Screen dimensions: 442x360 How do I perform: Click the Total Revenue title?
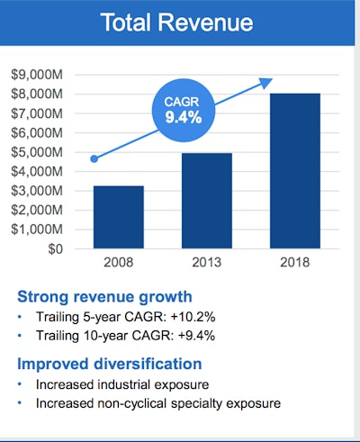(180, 23)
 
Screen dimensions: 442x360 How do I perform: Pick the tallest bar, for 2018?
(296, 171)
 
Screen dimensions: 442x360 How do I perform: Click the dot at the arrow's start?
(94, 159)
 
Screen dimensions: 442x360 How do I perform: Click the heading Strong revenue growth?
(105, 296)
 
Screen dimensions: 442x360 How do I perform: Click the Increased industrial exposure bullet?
(121, 384)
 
